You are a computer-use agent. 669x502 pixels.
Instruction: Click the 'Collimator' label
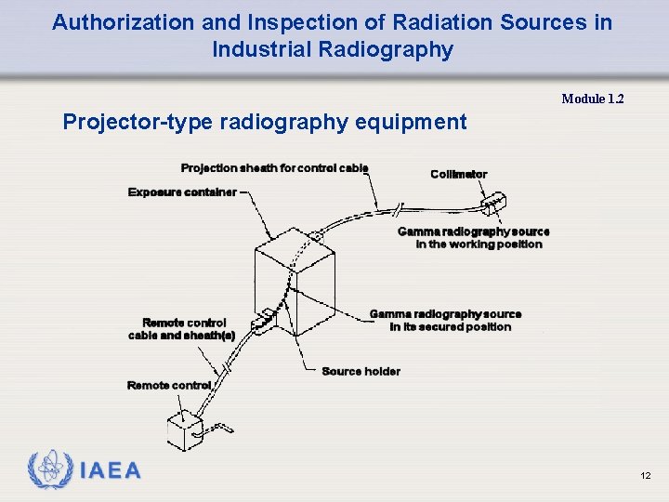point(458,175)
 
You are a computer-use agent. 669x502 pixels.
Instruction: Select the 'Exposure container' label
point(182,192)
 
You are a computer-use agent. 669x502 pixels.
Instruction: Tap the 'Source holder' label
point(361,372)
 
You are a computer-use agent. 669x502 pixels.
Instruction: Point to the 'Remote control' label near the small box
point(168,385)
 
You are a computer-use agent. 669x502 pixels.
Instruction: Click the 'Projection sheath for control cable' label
point(274,168)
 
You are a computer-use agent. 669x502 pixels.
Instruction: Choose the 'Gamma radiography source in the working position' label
point(473,238)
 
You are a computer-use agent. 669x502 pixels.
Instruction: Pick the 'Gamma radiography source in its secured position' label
point(445,321)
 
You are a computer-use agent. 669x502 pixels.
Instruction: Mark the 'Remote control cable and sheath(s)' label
point(181,329)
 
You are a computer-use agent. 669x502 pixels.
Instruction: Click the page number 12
point(645,476)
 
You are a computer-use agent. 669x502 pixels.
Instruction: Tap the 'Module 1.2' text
point(592,99)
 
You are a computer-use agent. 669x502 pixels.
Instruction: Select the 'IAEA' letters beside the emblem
point(111,471)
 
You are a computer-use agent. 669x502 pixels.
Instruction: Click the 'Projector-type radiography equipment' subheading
point(264,122)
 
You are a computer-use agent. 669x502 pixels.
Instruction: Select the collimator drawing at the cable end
point(492,203)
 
